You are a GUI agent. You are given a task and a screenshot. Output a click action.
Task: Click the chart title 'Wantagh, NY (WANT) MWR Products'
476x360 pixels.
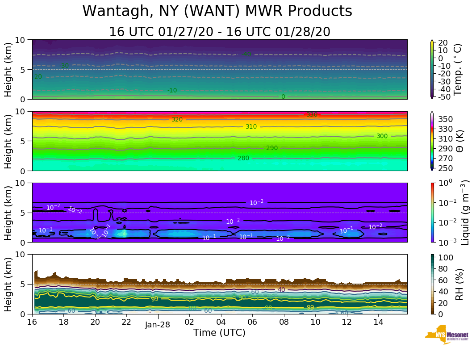pyautogui.click(x=217, y=11)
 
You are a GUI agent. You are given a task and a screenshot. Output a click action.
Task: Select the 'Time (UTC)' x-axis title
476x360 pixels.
pyautogui.click(x=219, y=333)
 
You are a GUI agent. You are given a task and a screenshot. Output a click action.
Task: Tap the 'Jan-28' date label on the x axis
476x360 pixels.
pyautogui.click(x=157, y=325)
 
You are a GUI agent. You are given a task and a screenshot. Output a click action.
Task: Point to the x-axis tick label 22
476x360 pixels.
pyautogui.click(x=126, y=322)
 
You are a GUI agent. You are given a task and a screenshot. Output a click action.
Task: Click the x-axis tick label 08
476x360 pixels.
pyautogui.click(x=284, y=322)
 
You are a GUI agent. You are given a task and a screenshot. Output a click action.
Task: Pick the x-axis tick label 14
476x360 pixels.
pyautogui.click(x=378, y=322)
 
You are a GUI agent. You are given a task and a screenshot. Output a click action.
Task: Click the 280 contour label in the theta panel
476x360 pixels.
pyautogui.click(x=243, y=158)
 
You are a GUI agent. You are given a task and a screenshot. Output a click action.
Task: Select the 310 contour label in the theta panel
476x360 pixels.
pyautogui.click(x=251, y=127)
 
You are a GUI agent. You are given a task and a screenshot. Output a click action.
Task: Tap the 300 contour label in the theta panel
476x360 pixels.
pyautogui.click(x=382, y=136)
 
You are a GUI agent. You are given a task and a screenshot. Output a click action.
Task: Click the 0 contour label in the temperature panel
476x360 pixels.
pyautogui.click(x=283, y=96)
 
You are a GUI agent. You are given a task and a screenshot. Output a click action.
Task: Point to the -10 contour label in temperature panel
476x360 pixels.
pyautogui.click(x=172, y=91)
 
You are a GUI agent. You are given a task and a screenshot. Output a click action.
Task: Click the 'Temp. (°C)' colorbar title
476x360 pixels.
pyautogui.click(x=458, y=69)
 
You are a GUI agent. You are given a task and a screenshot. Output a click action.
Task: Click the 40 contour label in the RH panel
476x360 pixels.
pyautogui.click(x=281, y=290)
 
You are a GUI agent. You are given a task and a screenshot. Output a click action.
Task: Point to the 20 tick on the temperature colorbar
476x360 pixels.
pyautogui.click(x=443, y=42)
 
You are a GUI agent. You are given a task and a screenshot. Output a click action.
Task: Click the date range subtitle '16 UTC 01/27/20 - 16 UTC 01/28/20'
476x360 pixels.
pyautogui.click(x=220, y=32)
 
